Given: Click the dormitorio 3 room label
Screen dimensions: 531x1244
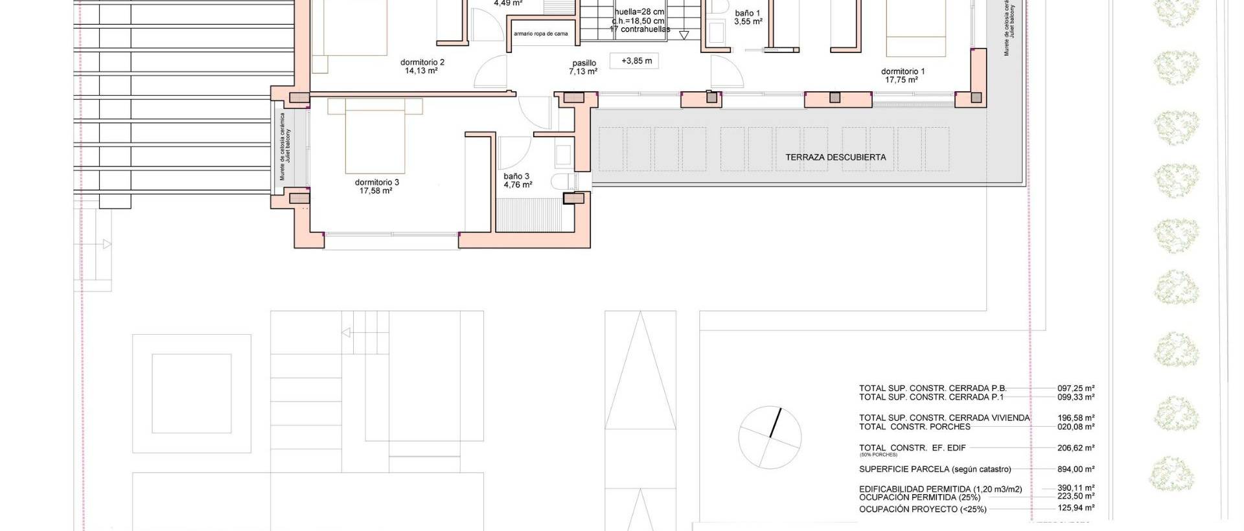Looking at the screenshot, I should [x=376, y=182].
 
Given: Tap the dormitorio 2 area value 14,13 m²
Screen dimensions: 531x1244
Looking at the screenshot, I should [x=421, y=71].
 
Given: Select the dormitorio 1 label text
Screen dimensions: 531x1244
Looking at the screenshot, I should [x=903, y=71].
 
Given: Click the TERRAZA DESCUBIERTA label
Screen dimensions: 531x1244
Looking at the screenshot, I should [x=835, y=157].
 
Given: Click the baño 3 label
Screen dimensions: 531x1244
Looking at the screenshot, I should [x=516, y=176].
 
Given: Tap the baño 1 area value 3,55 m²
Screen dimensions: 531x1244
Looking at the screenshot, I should [x=748, y=21].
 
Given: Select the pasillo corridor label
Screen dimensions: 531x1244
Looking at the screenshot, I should [x=583, y=63].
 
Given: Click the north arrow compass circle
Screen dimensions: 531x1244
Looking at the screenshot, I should [x=770, y=437].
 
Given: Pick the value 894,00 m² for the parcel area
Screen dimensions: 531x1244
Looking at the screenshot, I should [x=1076, y=469].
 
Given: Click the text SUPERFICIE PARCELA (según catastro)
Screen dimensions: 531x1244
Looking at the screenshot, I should [x=934, y=469].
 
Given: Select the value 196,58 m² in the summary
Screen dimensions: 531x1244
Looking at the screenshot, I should [x=1076, y=418].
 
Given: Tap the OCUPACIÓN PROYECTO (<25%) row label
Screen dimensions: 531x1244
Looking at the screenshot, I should [x=922, y=510].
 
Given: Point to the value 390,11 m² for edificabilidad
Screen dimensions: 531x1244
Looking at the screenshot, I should [x=1076, y=489].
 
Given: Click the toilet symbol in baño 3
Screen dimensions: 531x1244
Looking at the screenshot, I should [x=560, y=180].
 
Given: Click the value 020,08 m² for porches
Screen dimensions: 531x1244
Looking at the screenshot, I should [x=1076, y=427].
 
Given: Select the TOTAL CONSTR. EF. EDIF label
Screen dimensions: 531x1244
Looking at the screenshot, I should [x=912, y=448].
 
